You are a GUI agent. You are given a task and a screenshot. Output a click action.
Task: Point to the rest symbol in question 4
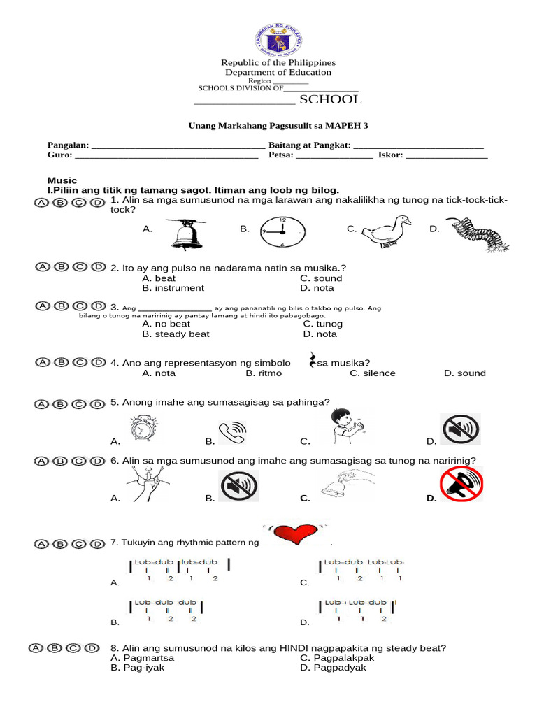[311, 361]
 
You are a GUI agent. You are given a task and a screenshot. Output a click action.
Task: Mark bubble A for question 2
[43, 267]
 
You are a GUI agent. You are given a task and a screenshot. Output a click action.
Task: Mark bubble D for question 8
[92, 648]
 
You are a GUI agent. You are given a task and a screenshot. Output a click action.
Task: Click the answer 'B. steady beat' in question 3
[176, 334]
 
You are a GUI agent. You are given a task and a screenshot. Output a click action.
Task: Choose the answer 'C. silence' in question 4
[372, 373]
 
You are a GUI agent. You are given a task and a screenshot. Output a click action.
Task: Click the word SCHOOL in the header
[330, 99]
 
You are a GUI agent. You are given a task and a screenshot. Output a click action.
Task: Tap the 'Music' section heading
[62, 180]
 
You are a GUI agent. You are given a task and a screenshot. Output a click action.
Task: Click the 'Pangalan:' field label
[68, 145]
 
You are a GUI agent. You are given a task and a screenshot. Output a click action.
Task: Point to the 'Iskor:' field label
[390, 155]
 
